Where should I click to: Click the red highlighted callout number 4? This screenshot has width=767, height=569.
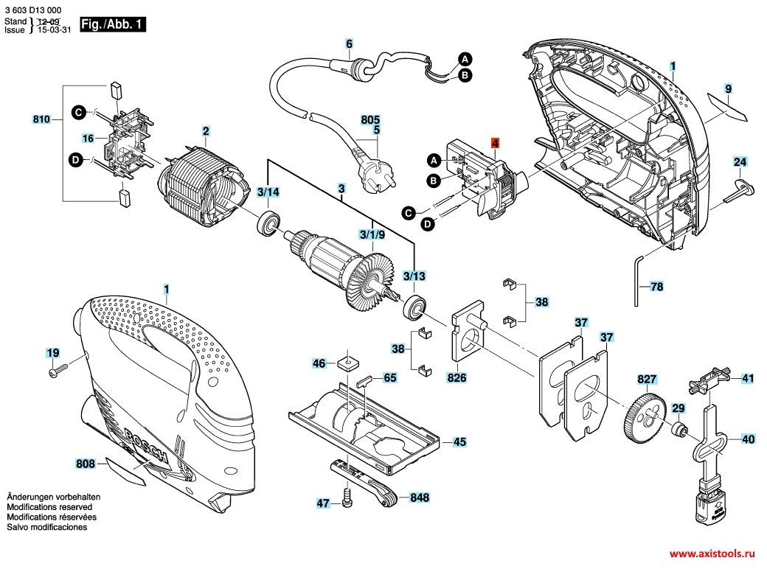tap(496, 142)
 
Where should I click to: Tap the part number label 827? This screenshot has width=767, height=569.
tap(647, 380)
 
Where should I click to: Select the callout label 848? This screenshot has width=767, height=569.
tap(420, 498)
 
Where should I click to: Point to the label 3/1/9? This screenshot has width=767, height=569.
tap(372, 235)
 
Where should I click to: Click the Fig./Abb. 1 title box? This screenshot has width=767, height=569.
tap(113, 24)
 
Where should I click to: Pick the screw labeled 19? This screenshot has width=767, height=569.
tap(58, 374)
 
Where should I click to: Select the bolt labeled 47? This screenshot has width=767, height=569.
tap(347, 501)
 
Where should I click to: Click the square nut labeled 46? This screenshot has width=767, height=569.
tap(344, 363)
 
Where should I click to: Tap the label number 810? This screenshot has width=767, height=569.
tap(42, 119)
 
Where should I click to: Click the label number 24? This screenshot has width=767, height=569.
tap(740, 162)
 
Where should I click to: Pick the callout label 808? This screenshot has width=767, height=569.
tap(86, 464)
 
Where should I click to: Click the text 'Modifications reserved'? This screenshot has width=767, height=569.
tap(49, 508)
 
